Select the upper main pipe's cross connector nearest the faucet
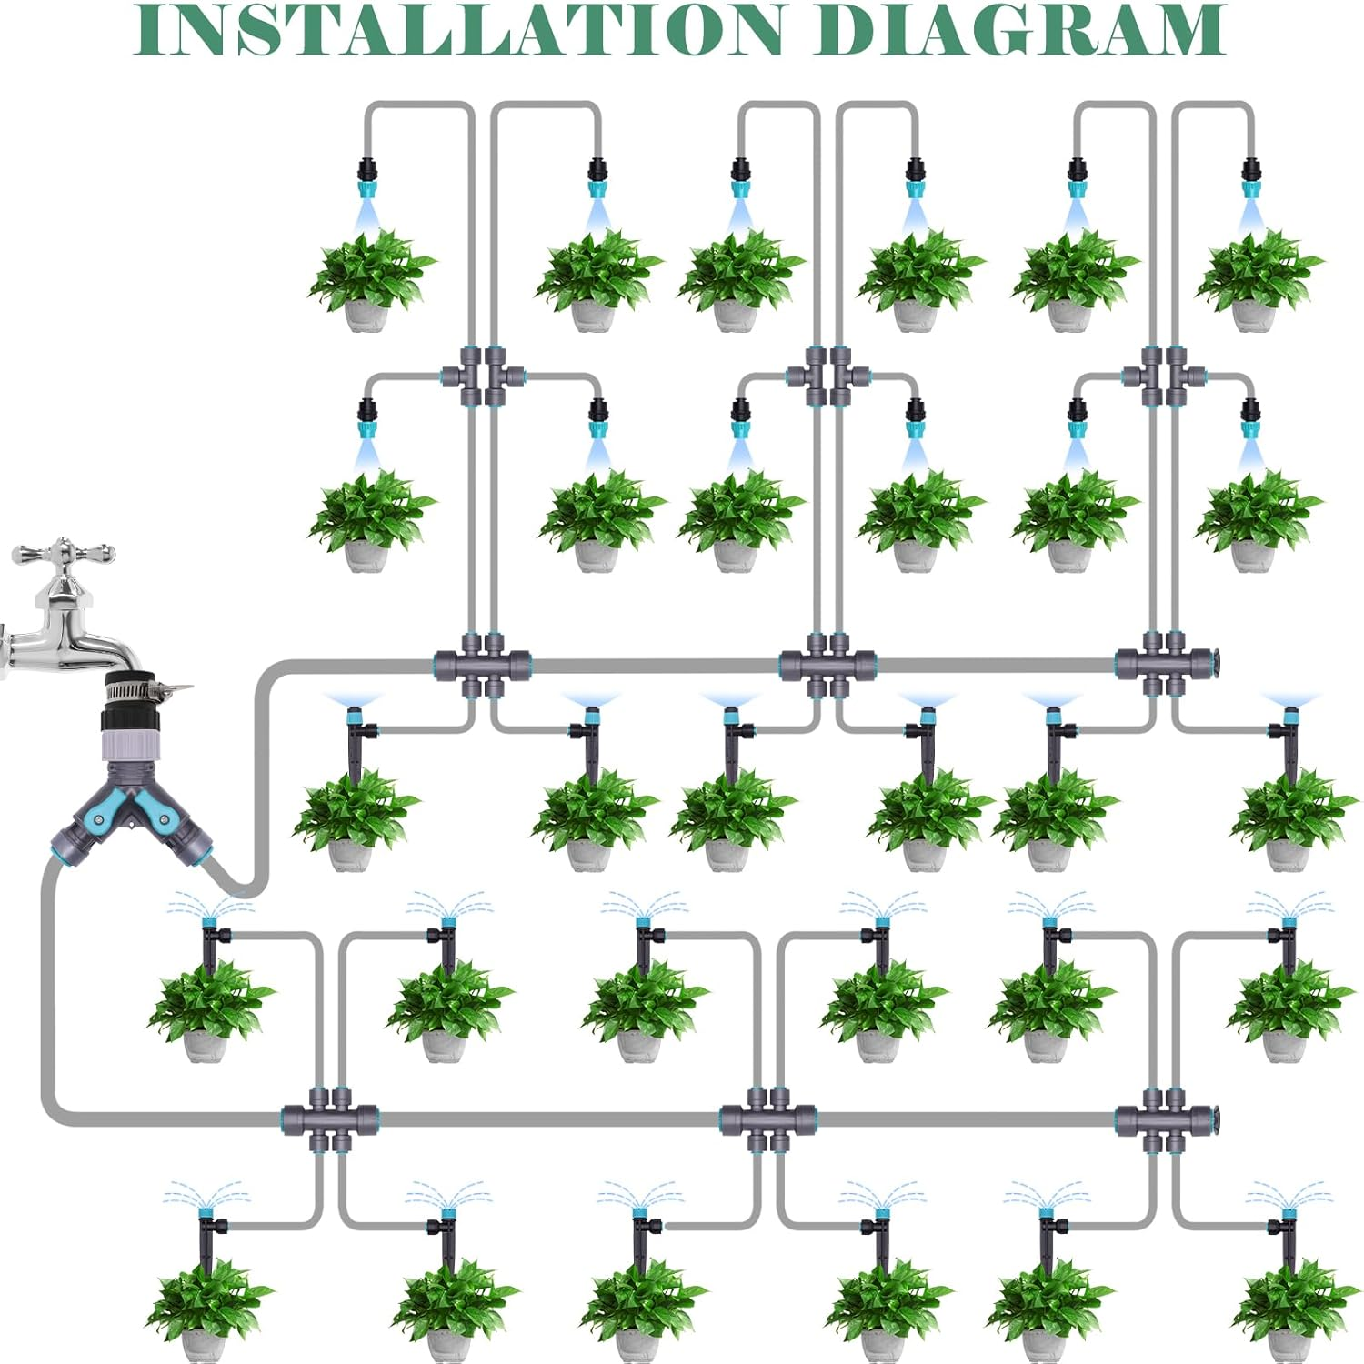tap(482, 666)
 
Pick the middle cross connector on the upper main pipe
tap(827, 666)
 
